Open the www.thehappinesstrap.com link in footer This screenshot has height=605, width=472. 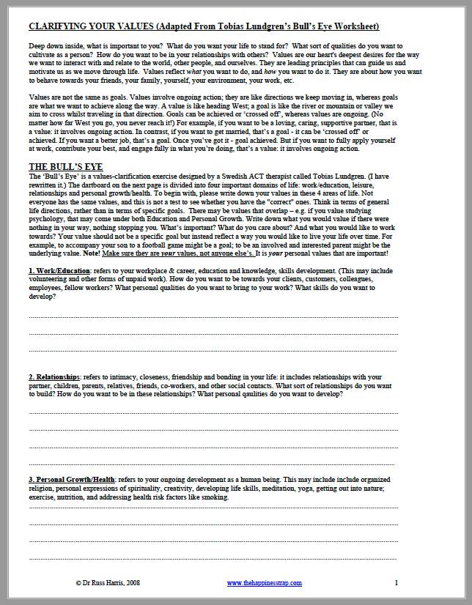262,583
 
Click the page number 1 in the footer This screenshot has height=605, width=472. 397,583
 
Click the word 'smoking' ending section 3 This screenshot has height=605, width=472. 215,497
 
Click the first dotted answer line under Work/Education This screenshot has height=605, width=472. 213,316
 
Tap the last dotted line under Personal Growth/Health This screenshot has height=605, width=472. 213,558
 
